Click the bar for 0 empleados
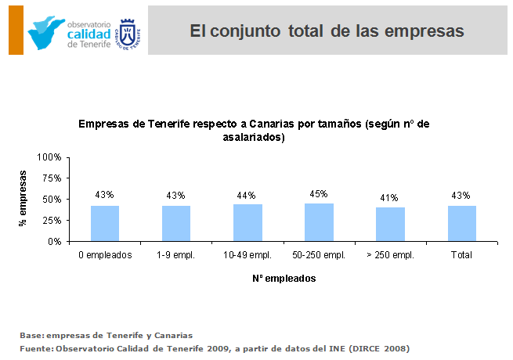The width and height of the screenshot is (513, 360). tap(105, 223)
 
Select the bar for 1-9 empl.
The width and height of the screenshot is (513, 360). tap(176, 223)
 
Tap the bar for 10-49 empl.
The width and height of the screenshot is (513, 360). tap(247, 222)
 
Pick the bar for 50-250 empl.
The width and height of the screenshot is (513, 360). tap(319, 222)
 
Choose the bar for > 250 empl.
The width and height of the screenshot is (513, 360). tap(390, 224)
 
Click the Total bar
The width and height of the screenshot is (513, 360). tap(461, 223)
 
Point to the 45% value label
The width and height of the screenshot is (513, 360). tap(319, 193)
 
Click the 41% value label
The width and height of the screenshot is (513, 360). tap(390, 197)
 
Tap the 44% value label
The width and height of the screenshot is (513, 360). tap(247, 195)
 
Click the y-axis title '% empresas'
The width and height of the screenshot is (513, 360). tap(23, 199)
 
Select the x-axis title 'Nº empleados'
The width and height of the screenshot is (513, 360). tap(284, 278)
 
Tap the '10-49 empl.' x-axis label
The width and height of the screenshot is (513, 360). tap(247, 255)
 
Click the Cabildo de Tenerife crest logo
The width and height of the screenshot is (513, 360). tap(128, 33)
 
